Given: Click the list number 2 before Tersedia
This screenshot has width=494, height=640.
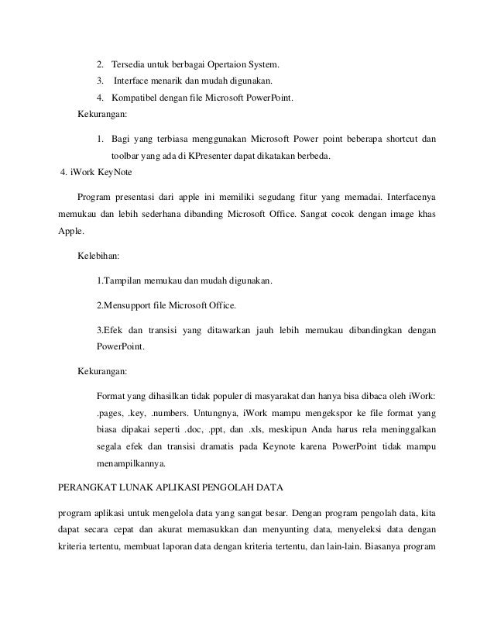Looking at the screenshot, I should pos(99,63).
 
